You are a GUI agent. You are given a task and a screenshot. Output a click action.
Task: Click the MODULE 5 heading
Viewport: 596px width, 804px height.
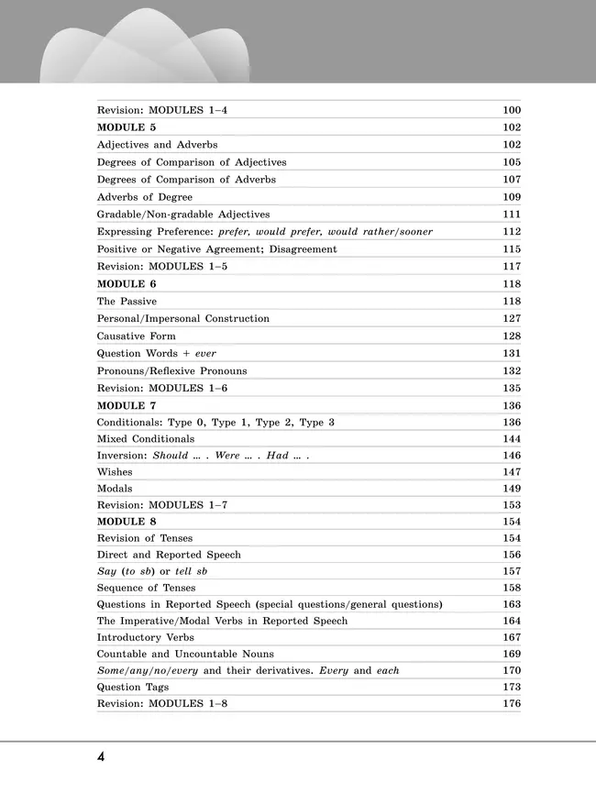click(127, 127)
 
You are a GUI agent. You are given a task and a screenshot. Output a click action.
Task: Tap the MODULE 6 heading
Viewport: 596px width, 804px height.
click(127, 284)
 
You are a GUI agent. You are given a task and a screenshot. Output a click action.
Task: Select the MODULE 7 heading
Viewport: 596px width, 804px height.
click(127, 405)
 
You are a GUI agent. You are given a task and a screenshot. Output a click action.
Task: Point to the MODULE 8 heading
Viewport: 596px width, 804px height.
click(127, 521)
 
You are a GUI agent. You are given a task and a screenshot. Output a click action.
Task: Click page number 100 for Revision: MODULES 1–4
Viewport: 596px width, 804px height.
click(512, 110)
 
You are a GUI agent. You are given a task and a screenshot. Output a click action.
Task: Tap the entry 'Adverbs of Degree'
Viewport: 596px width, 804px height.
click(145, 197)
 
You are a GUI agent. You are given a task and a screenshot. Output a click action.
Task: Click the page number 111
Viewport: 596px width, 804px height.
click(512, 215)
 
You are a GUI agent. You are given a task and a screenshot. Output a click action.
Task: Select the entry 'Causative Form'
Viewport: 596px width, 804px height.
click(137, 336)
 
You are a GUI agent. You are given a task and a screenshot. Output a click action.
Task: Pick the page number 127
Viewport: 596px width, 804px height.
click(512, 319)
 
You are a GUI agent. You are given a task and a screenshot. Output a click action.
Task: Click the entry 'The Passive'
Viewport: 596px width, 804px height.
click(127, 302)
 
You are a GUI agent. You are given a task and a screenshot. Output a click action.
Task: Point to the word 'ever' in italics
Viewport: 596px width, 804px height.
click(205, 354)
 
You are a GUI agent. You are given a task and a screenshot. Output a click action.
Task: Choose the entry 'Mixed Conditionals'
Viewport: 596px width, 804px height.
click(146, 439)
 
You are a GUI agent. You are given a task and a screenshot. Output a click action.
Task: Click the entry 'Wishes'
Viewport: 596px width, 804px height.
click(115, 472)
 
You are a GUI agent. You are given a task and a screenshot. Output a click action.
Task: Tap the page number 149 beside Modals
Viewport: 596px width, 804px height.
click(512, 489)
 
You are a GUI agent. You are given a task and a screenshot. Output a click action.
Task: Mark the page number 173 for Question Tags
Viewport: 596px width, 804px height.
click(512, 687)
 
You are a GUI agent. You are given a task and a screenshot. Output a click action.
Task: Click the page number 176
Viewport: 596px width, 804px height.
click(512, 704)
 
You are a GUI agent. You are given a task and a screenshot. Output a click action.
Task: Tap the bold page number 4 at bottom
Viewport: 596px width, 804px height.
click(101, 757)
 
